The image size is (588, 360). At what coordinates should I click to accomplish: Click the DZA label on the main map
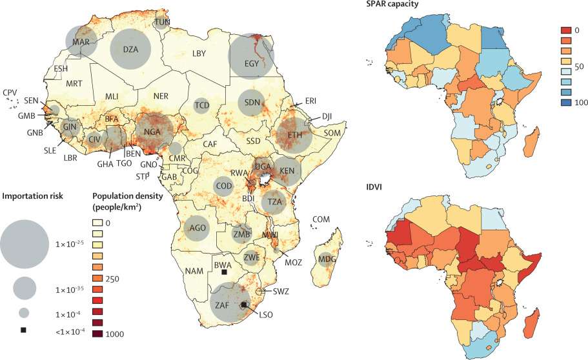click(x=130, y=49)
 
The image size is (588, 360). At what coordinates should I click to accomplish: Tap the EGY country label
click(x=252, y=64)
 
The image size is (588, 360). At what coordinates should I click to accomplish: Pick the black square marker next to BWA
click(x=224, y=272)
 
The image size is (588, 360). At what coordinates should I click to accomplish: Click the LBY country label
click(x=199, y=54)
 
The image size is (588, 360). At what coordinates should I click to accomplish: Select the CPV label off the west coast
click(x=10, y=93)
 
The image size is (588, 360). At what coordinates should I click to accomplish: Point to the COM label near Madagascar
click(x=320, y=220)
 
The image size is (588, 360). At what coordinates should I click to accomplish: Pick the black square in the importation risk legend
click(x=24, y=330)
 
